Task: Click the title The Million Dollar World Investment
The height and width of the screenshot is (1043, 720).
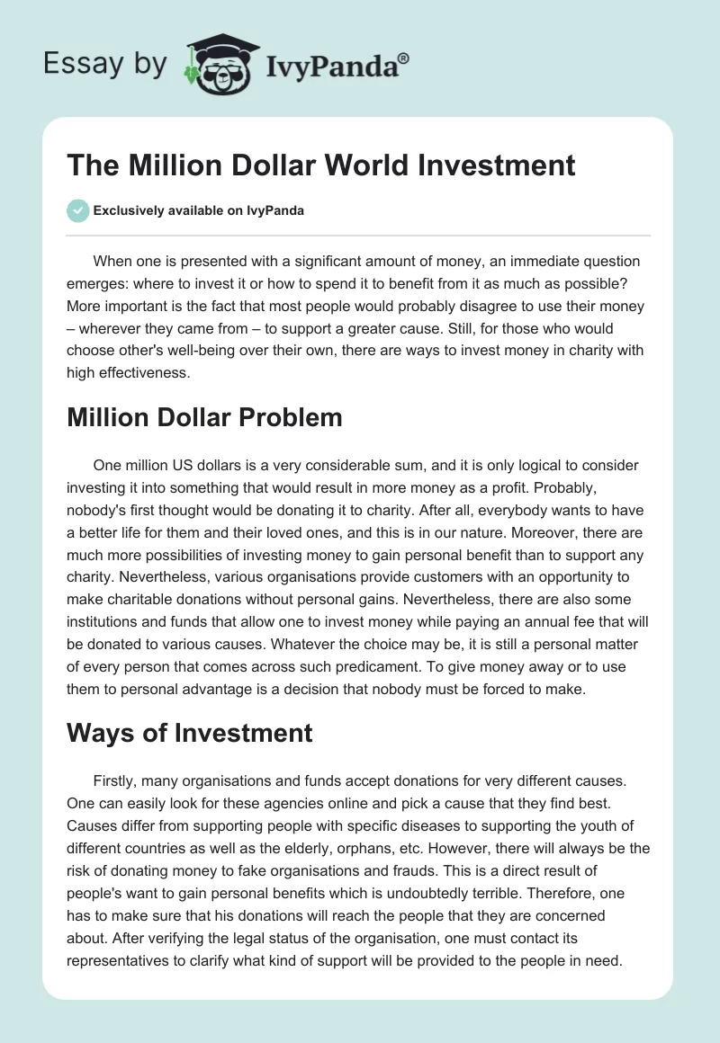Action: (320, 165)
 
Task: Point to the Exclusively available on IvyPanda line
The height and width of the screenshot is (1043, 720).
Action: (199, 211)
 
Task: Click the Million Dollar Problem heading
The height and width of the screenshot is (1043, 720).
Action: (204, 417)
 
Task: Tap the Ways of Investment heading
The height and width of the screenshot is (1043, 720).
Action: (190, 733)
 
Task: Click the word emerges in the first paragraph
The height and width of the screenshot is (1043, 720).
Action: (95, 284)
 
